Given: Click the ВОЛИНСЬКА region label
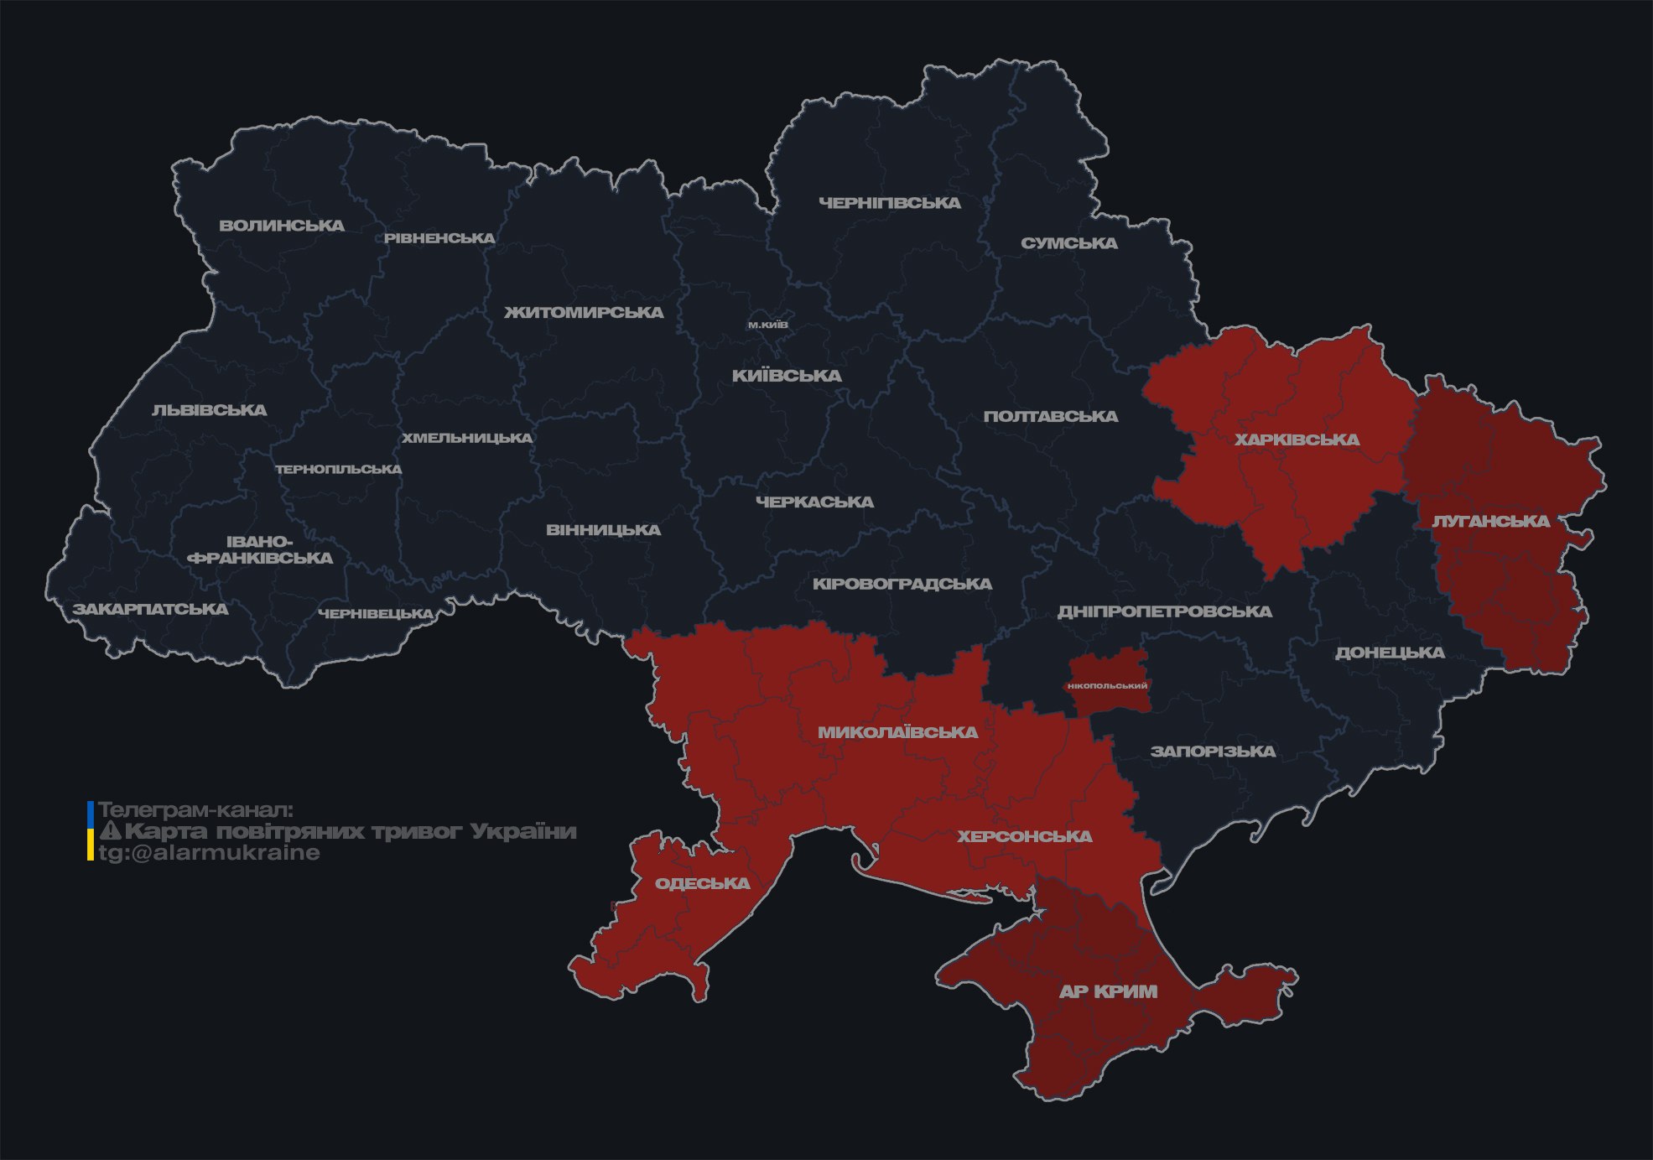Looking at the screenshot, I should coord(282,226).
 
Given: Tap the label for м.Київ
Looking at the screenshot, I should coord(768,325).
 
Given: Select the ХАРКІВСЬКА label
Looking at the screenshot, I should coord(1297,440).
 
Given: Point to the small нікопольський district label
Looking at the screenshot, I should coord(1107,686).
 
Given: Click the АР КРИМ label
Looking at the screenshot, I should coord(1108,991).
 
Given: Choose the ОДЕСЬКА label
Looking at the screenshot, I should coord(702,883).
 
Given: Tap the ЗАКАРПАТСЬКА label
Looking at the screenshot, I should coord(150,609).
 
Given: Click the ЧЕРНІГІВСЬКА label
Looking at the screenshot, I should coord(889,203).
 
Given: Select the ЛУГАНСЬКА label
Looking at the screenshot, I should coord(1490,521).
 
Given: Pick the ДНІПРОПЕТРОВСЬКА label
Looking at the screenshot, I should coord(1164,611).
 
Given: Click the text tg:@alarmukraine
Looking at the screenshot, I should coord(210,853).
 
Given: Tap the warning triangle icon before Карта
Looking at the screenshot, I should coord(110,831).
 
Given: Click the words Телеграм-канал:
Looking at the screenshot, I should coord(196,810).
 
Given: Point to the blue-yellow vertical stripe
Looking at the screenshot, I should coord(91,831).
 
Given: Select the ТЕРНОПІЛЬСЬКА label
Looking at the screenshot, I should coord(339,470).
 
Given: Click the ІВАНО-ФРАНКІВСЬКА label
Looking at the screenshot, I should coord(260,550).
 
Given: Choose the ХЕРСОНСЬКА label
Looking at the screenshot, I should coord(1024,836).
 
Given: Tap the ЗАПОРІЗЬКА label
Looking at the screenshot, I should coord(1213,752).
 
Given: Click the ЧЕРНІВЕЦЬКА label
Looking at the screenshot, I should coord(376,614).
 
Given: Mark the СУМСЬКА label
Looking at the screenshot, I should coord(1068,243).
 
